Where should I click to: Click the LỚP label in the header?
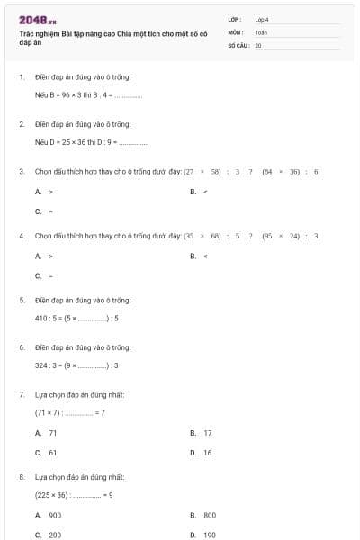(x=235, y=18)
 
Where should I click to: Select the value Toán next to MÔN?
(x=261, y=31)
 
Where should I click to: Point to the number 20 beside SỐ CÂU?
(x=258, y=43)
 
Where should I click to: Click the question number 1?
(x=21, y=77)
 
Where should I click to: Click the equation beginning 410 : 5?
(x=76, y=318)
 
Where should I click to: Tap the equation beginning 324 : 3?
(x=76, y=364)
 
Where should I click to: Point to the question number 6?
(x=21, y=347)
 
